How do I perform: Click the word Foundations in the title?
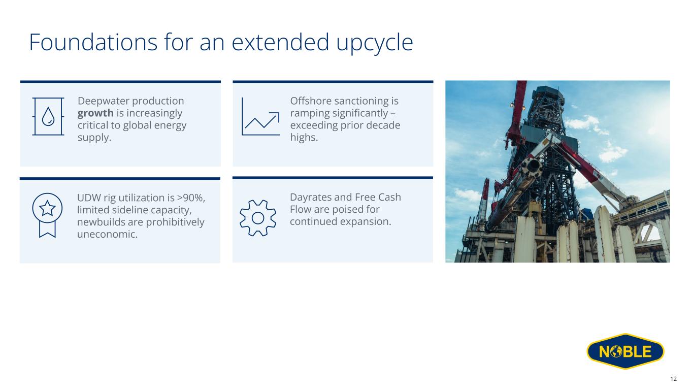coord(93,43)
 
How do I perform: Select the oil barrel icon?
coord(48,116)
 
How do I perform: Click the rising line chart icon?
coord(260,116)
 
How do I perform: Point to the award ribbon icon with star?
coord(47,215)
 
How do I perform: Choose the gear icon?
coord(258,218)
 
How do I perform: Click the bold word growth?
coord(95,114)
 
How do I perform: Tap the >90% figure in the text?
coord(191,198)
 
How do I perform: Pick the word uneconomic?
coord(107,234)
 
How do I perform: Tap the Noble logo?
coord(625,351)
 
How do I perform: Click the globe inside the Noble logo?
coord(616,351)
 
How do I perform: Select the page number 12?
coord(673,379)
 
